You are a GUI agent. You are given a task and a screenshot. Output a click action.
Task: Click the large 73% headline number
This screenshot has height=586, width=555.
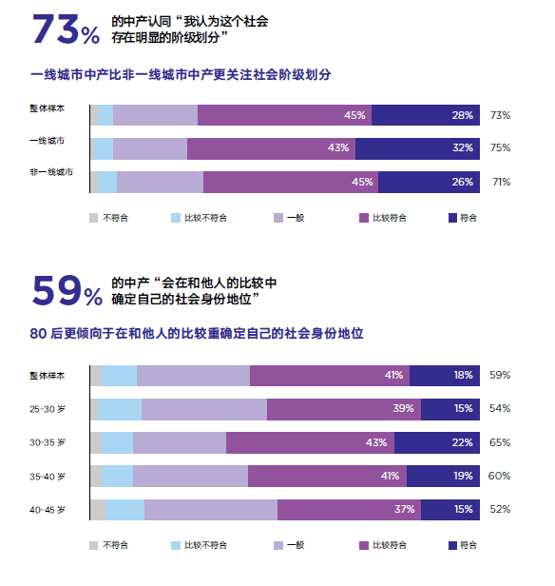pyautogui.click(x=67, y=29)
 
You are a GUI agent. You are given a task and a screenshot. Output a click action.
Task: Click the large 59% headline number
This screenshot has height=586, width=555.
pyautogui.click(x=67, y=291)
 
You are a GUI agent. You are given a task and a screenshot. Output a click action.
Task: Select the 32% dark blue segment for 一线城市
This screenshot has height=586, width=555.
pyautogui.click(x=417, y=148)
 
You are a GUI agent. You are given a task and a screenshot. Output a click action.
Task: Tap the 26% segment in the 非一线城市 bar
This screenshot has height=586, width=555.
pyautogui.click(x=429, y=182)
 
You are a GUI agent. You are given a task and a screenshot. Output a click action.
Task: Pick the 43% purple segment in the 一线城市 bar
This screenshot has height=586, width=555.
pyautogui.click(x=272, y=148)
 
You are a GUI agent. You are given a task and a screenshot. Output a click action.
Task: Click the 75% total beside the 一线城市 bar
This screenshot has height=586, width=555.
pyautogui.click(x=500, y=147)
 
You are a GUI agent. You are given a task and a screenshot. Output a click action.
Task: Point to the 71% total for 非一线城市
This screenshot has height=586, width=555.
pyautogui.click(x=501, y=182)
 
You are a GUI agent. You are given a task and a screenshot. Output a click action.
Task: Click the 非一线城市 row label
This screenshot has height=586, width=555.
pyautogui.click(x=51, y=172)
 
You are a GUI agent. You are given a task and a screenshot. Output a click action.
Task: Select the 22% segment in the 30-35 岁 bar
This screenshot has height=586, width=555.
pyautogui.click(x=437, y=443)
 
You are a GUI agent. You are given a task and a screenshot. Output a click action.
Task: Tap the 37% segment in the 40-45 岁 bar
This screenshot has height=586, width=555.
pyautogui.click(x=350, y=509)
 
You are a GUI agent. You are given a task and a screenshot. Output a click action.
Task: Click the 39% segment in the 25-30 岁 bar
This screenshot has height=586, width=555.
pyautogui.click(x=344, y=409)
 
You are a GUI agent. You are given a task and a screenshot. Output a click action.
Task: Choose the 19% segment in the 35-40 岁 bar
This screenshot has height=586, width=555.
pyautogui.click(x=443, y=476)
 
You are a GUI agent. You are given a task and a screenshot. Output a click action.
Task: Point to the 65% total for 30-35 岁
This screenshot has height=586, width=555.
pyautogui.click(x=500, y=442)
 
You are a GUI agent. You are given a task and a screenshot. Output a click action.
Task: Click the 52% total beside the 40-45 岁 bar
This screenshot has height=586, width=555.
pyautogui.click(x=500, y=509)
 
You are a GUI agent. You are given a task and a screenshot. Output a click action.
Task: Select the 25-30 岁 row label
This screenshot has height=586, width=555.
pyautogui.click(x=48, y=409)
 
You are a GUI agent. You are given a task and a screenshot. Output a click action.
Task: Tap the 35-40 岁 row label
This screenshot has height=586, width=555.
pyautogui.click(x=48, y=477)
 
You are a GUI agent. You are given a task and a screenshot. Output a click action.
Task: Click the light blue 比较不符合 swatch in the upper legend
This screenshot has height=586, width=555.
pyautogui.click(x=176, y=218)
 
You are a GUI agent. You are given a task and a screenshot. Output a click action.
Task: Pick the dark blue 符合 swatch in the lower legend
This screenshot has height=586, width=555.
pyautogui.click(x=452, y=546)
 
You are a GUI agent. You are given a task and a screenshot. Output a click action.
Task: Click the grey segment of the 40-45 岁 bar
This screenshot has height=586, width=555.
pyautogui.click(x=98, y=509)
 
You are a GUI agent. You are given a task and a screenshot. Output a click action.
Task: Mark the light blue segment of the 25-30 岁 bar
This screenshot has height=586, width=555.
pyautogui.click(x=120, y=409)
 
